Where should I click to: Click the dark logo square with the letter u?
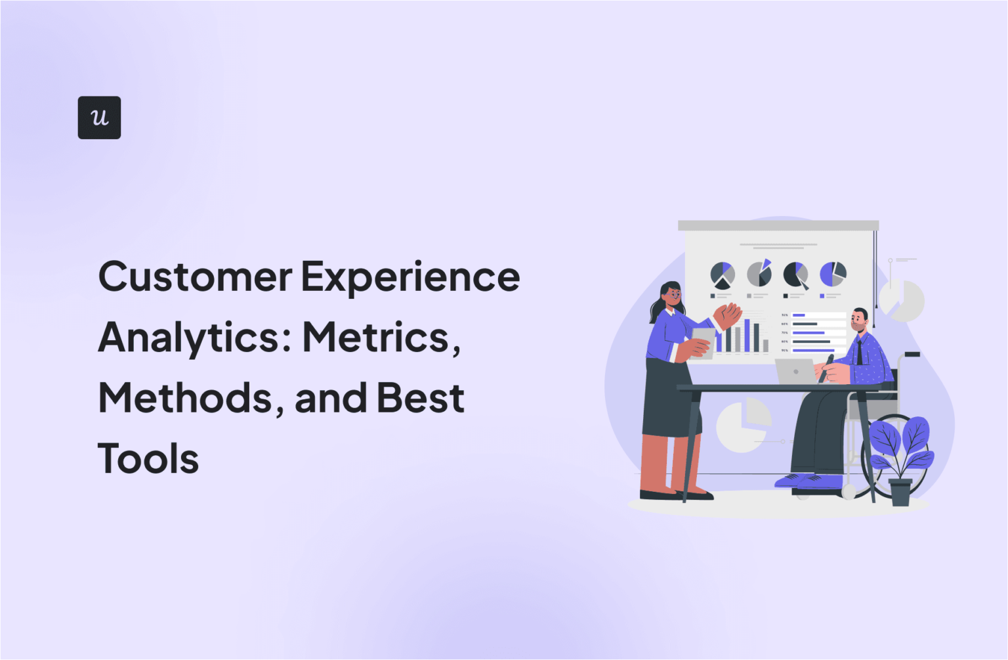pos(99,118)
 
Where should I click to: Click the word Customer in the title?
pos(195,276)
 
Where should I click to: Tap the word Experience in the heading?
pos(410,276)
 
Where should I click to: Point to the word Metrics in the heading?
pos(377,338)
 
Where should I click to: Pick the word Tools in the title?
pos(148,458)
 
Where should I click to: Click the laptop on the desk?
pos(795,371)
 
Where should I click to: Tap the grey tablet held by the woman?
pos(703,341)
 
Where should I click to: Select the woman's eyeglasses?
pos(674,295)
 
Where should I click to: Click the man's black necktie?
pos(859,353)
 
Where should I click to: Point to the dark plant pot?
pos(900,493)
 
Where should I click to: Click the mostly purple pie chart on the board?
pos(832,274)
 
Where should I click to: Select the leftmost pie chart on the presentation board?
pos(723,275)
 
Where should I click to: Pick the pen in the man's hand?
pos(826,368)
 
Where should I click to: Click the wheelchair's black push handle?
pos(912,355)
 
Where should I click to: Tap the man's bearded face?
pos(858,322)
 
